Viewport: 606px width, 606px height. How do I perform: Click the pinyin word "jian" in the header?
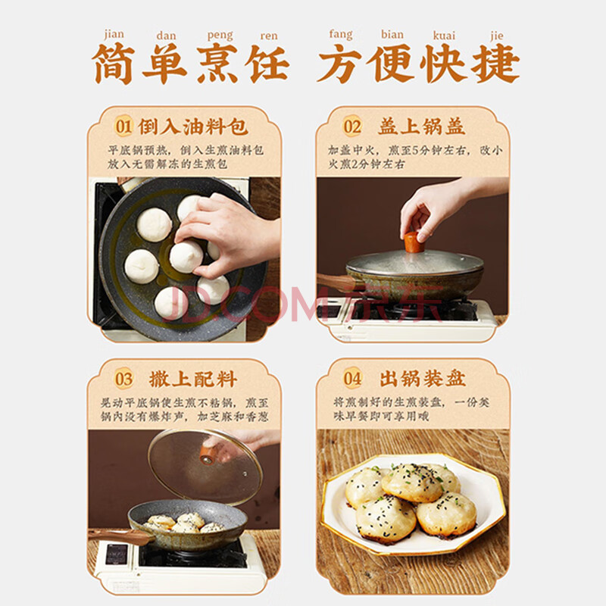[114, 35]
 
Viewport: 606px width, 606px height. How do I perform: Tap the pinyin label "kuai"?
[444, 36]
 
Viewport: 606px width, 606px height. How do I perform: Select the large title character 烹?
[217, 64]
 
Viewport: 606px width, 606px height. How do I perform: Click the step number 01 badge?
[123, 126]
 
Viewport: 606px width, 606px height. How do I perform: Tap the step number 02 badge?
[352, 126]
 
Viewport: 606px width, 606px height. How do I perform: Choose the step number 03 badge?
[123, 378]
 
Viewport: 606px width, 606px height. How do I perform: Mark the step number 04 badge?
[352, 378]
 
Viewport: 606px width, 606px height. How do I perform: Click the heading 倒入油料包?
[192, 127]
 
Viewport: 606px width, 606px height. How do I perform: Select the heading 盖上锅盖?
[422, 127]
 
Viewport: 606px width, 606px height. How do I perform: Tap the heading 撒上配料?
[193, 379]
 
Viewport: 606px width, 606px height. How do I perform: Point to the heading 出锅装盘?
[423, 378]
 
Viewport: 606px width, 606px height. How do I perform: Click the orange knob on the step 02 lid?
[414, 242]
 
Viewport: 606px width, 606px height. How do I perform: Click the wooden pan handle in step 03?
[120, 536]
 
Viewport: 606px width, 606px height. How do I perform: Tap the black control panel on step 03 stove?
[117, 554]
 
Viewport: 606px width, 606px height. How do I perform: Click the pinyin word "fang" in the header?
[340, 35]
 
